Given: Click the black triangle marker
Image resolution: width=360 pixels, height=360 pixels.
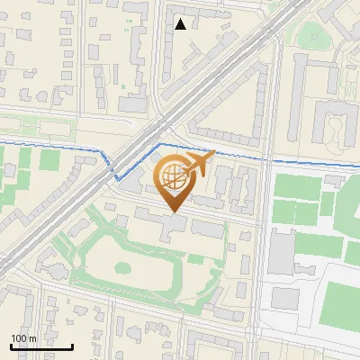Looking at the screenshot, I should (x=181, y=24).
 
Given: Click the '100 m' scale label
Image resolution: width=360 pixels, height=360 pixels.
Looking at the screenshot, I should (x=23, y=338).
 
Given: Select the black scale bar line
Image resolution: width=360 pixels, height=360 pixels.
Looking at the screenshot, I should (x=41, y=346).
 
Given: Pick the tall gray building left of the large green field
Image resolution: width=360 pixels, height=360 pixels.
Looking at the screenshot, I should (x=280, y=252).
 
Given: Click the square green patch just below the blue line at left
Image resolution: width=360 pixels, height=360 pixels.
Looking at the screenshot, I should (x=49, y=160).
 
